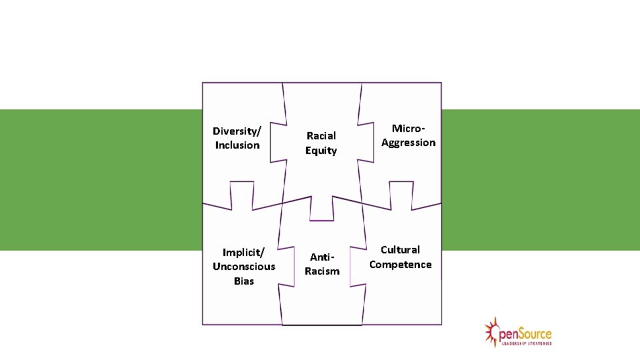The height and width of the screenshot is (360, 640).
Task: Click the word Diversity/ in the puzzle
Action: coord(237,131)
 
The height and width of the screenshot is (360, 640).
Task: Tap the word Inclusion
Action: coord(237,145)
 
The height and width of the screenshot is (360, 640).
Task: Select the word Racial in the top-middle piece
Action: coord(321,136)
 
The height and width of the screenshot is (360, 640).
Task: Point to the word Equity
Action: coord(321,151)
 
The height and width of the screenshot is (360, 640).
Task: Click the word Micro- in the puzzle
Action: coord(408,128)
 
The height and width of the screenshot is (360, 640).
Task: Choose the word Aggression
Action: coord(408,143)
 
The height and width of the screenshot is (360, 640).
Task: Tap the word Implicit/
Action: coord(244,252)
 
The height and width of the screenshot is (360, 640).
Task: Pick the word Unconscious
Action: coord(244,267)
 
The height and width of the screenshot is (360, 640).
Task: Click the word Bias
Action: coord(244,281)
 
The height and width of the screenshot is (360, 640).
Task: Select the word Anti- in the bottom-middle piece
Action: coord(321,257)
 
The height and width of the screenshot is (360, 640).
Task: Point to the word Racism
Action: coord(322,271)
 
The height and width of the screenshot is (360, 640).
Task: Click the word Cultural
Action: coord(400,250)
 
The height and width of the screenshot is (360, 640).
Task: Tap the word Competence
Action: coord(401,265)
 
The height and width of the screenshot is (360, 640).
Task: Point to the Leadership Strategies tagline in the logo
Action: coord(527,343)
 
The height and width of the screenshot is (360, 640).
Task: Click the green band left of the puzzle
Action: coord(100,180)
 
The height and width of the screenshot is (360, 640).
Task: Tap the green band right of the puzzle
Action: coord(540,180)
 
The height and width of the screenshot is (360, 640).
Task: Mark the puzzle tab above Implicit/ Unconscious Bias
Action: coord(241,193)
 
